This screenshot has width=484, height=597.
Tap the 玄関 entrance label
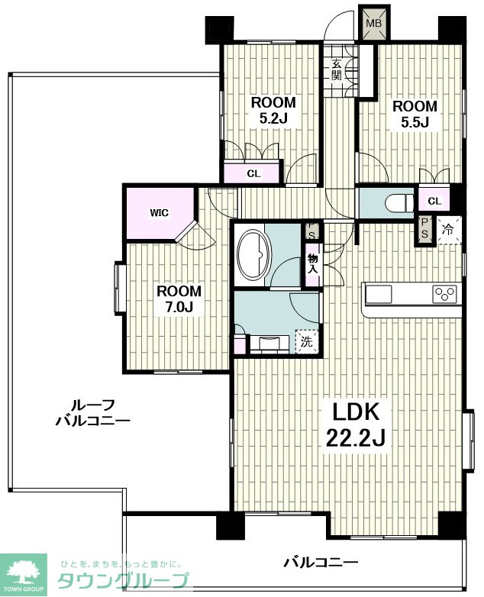336,69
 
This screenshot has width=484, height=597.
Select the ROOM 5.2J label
273,111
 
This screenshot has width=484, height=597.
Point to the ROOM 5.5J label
415,114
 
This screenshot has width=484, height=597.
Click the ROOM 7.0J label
179,298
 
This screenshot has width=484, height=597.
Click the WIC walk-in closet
159,213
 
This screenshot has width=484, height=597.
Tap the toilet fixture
399,202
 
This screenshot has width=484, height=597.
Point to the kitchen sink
379,295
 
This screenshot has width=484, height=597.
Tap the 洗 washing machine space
307,341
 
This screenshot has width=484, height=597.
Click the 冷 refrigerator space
449,230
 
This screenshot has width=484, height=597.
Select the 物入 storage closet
313,264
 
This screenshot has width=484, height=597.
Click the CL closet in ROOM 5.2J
253,173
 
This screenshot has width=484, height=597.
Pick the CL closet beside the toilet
434,201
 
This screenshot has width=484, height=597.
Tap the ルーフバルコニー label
93,412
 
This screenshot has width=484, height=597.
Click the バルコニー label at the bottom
321,562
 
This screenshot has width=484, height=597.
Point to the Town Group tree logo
23,574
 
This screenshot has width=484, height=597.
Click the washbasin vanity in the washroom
269,344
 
